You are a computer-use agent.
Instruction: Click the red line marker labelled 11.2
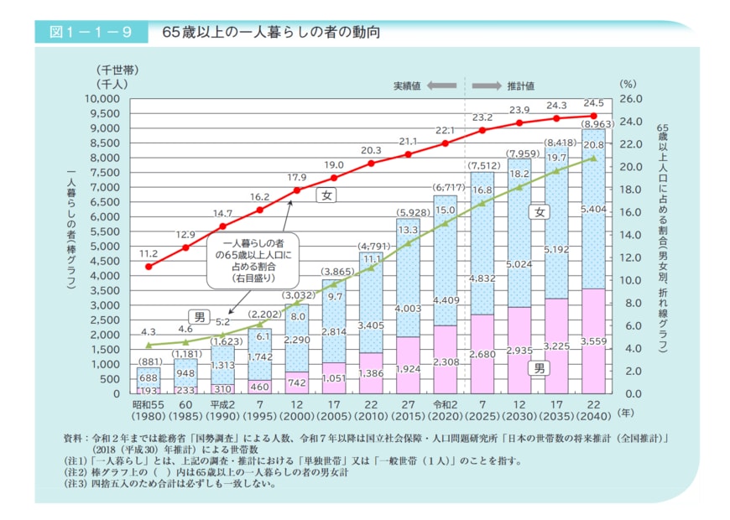click(x=149, y=267)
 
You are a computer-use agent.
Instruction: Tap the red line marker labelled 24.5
click(x=594, y=116)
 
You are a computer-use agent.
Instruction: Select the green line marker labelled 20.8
click(x=594, y=158)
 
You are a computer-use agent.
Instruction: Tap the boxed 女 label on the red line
click(x=326, y=195)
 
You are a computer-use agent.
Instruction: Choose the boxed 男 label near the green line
click(x=200, y=316)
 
